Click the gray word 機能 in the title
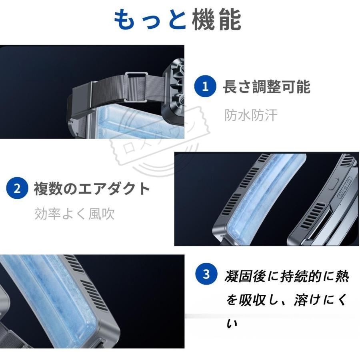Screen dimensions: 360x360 tap(216, 20)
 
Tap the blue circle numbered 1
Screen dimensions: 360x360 tap(206, 86)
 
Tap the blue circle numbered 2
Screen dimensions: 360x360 tap(17, 188)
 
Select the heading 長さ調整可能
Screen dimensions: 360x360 tap(266, 87)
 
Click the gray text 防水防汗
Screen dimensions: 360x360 tap(250, 115)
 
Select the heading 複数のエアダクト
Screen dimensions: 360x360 tap(92, 188)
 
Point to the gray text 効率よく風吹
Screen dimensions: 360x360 tap(74, 214)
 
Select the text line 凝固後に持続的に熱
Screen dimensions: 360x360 tap(287, 276)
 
